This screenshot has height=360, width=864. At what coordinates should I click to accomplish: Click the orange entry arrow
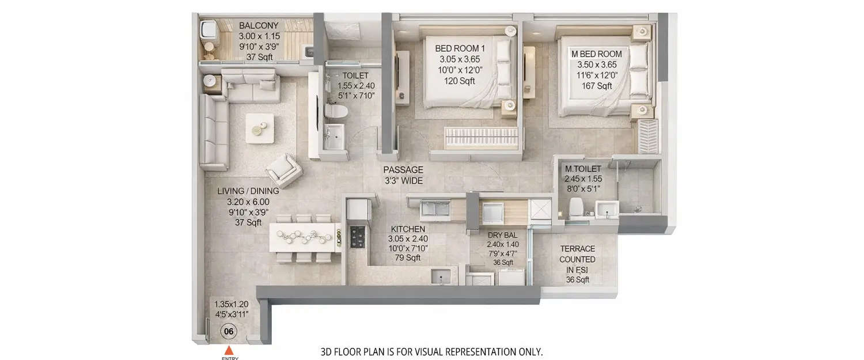pos(229,350)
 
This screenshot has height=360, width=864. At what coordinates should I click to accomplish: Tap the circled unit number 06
pos(229,331)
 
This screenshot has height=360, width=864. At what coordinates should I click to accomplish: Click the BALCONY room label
pos(259,26)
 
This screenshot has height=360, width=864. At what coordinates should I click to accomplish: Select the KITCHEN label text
pos(407,229)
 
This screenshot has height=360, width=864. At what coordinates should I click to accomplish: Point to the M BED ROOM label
pos(596,54)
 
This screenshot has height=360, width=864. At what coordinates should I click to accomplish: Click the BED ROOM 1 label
pos(459,48)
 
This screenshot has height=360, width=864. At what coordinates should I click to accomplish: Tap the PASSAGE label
pos(404,170)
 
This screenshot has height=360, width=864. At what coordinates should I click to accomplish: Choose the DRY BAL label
pos(503,235)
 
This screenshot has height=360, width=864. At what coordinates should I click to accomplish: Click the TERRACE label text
pos(578,249)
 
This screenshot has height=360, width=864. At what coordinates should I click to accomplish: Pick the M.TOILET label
pos(583,169)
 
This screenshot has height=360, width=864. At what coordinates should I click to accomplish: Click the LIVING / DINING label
pos(248,191)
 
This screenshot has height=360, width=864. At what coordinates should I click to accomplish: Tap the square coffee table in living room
pos(260,128)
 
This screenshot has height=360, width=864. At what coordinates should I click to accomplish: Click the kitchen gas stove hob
pos(357,236)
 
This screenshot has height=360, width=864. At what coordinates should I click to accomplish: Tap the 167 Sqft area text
pos(596,86)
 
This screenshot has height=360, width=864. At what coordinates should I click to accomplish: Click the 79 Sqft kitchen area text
pos(408,257)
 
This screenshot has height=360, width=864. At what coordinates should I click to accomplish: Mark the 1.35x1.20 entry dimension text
pos(231,304)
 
